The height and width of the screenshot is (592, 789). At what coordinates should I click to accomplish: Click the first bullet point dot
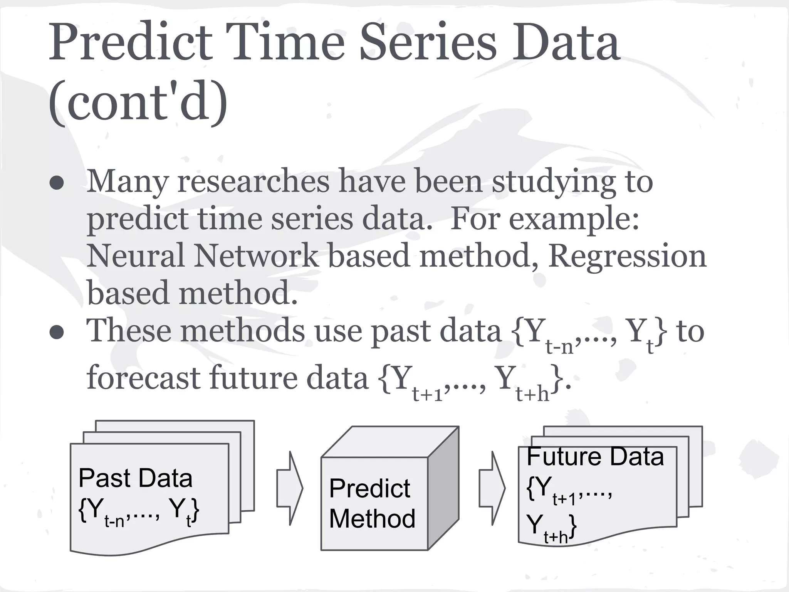[x=57, y=184]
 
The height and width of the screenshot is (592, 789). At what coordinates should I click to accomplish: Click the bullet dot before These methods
[x=57, y=333]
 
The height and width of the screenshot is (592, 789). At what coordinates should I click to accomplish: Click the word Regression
[x=627, y=256]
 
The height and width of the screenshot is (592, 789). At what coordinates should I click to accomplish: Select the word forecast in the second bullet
[x=143, y=378]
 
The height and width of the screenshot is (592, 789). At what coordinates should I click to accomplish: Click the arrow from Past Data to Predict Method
[x=290, y=488]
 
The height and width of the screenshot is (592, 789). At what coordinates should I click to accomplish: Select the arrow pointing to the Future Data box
[x=492, y=488]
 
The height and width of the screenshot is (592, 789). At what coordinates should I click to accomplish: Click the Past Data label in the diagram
[x=135, y=478]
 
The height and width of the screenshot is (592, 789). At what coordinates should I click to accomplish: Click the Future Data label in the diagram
[x=595, y=457]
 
